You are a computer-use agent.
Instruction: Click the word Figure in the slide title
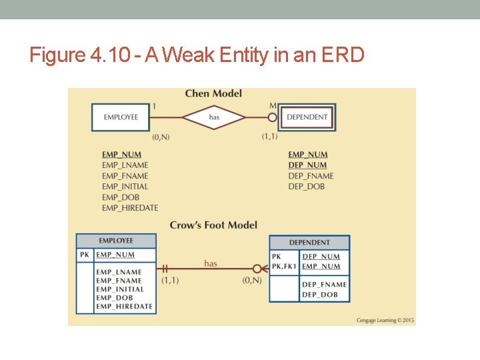click(x=57, y=55)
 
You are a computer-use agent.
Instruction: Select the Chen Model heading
click(x=213, y=94)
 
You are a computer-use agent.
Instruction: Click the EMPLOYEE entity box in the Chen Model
click(x=121, y=117)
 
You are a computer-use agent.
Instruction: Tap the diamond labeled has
click(x=214, y=117)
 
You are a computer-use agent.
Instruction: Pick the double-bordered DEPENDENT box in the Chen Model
click(x=307, y=117)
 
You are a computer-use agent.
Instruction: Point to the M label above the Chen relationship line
click(x=272, y=106)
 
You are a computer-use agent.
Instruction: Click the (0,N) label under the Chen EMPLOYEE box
click(x=161, y=137)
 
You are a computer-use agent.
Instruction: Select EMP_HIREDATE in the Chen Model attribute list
click(x=130, y=208)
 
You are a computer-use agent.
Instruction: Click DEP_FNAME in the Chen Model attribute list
click(x=311, y=176)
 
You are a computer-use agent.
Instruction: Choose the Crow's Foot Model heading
click(x=213, y=225)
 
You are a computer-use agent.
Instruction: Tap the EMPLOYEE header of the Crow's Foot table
click(x=116, y=241)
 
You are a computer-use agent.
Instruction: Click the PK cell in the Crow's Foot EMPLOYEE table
click(x=84, y=255)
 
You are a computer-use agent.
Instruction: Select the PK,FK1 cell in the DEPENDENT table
click(x=284, y=267)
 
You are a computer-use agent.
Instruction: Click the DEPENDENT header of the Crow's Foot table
click(x=309, y=243)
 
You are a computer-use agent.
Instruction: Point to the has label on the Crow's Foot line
click(x=211, y=263)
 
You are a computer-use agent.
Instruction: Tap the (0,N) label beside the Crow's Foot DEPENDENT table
click(x=252, y=280)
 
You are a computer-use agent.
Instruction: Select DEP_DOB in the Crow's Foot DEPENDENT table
click(x=320, y=295)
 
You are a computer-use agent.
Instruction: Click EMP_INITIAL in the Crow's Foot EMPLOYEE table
click(x=120, y=289)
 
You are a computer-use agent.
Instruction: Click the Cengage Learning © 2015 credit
click(x=385, y=321)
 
